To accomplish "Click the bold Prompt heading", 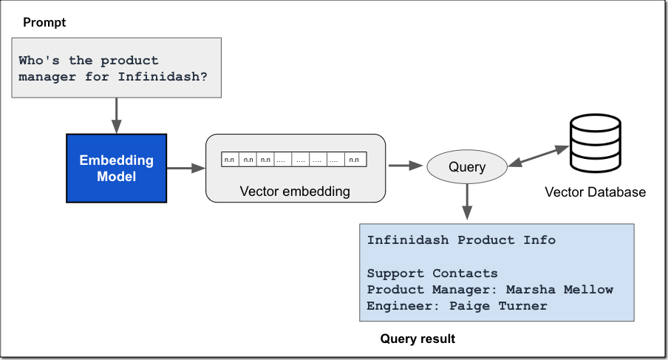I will pyautogui.click(x=44, y=22).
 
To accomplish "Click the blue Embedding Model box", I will pyautogui.click(x=116, y=168).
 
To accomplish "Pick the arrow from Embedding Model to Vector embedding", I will pyautogui.click(x=185, y=169).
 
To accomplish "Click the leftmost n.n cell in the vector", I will pyautogui.click(x=230, y=159).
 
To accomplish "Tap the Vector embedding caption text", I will pyautogui.click(x=295, y=191).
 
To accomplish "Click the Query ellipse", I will pyautogui.click(x=467, y=166).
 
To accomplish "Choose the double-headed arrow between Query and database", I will pyautogui.click(x=537, y=155).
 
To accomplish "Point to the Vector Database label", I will pyautogui.click(x=595, y=192).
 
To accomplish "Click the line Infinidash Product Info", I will pyautogui.click(x=461, y=240).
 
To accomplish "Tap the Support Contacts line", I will pyautogui.click(x=432, y=274).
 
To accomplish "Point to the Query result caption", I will pyautogui.click(x=417, y=339).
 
